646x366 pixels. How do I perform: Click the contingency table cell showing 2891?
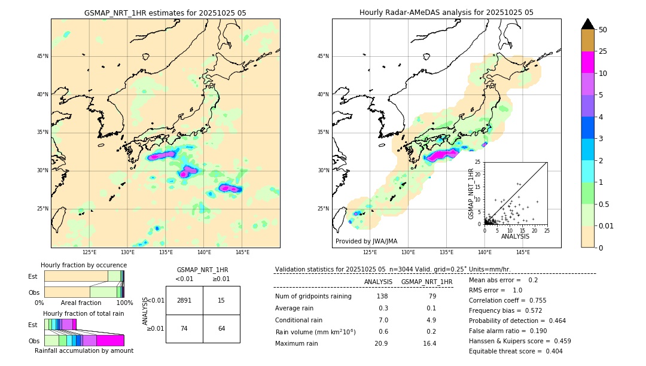point(184,300)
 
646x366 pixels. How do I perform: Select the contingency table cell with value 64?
point(221,328)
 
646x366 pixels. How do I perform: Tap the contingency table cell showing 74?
point(184,328)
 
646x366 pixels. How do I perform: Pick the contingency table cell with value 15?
point(221,300)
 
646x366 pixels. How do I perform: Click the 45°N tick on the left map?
point(42,56)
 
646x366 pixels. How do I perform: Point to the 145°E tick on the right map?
point(523,252)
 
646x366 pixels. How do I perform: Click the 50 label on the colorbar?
point(603,29)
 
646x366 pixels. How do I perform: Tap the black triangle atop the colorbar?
point(588,24)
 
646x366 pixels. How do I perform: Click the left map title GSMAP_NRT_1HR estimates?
point(165,13)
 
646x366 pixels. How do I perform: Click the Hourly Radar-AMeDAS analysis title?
point(446,13)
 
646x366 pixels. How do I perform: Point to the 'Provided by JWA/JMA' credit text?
point(366,241)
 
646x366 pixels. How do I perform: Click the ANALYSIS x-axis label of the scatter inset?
point(515,236)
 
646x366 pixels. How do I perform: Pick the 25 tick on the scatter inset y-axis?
point(479,162)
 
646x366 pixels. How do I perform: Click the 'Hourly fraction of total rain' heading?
point(84,313)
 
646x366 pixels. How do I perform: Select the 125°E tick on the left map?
point(89,252)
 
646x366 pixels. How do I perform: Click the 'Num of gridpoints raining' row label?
point(313,297)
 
